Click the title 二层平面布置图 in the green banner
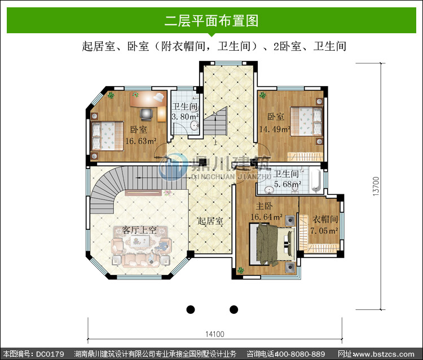pyautogui.click(x=211, y=21)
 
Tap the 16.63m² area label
pyautogui.click(x=141, y=141)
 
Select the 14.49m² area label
pyautogui.click(x=275, y=129)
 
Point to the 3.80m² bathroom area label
pyautogui.click(x=186, y=117)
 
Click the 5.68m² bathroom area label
pyautogui.click(x=288, y=184)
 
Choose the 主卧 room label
pyautogui.click(x=264, y=206)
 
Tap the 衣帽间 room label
pyautogui.click(x=325, y=219)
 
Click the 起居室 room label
pyautogui.click(x=210, y=221)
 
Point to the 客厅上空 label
pyautogui.click(x=139, y=230)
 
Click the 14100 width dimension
pyautogui.click(x=215, y=334)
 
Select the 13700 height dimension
pyautogui.click(x=376, y=186)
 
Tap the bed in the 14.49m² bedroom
pyautogui.click(x=306, y=121)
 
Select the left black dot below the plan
pyautogui.click(x=191, y=310)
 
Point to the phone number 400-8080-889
pyautogui.click(x=299, y=354)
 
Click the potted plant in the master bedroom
pyautogui.click(x=240, y=270)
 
